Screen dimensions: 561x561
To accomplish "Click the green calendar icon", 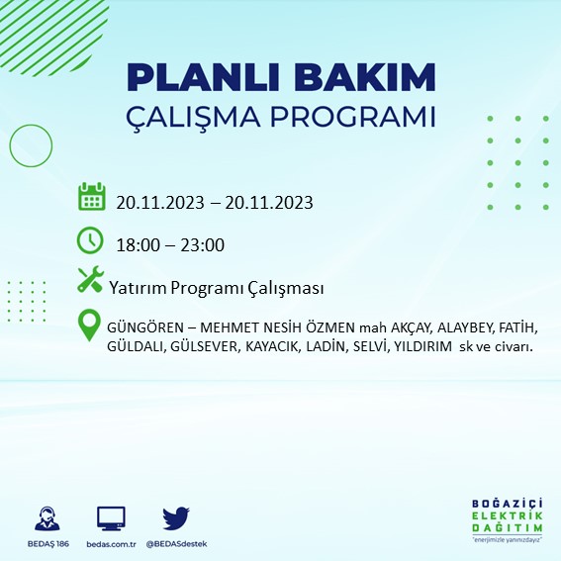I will point(91,196).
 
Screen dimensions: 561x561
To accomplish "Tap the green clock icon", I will point(90,239).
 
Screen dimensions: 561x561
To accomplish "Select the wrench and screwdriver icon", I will point(90,280).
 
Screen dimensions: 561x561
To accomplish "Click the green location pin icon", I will point(90,327).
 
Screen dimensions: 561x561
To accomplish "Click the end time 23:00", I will point(201,245).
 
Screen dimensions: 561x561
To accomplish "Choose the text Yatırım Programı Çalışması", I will point(217,287).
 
